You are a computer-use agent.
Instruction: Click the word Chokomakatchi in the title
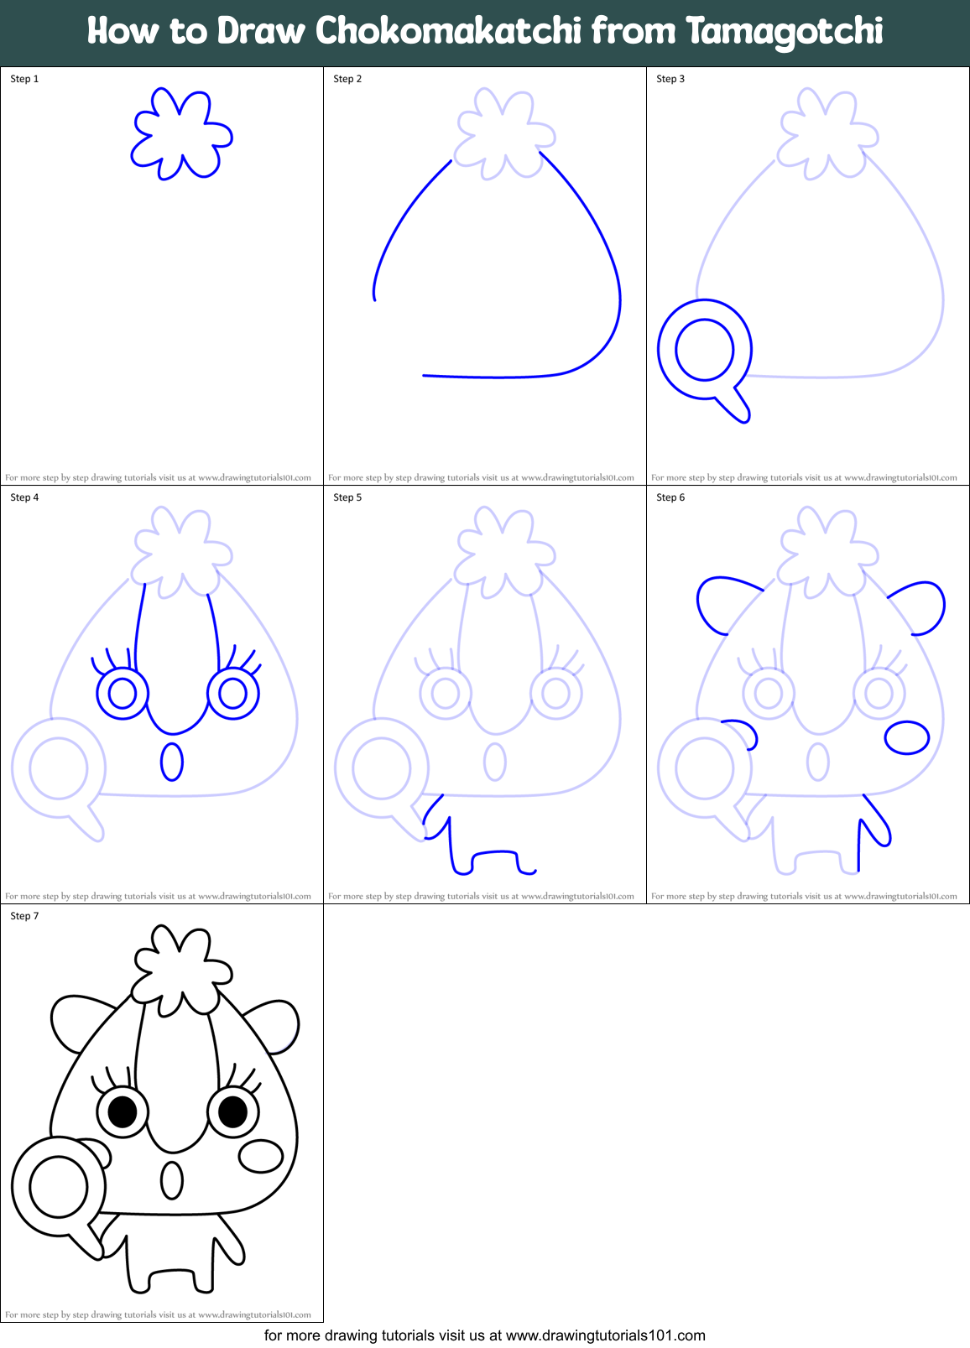tap(448, 31)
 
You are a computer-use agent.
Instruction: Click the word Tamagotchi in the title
tap(785, 31)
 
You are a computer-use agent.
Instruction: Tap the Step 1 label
tap(24, 79)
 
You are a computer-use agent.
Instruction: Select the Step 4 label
tap(24, 497)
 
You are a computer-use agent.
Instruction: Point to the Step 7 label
tap(24, 916)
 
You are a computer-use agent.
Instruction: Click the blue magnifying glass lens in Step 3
tap(705, 349)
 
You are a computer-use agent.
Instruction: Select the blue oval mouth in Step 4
tap(172, 762)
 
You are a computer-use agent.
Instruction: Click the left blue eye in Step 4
tap(123, 694)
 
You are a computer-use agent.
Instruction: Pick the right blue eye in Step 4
tap(233, 693)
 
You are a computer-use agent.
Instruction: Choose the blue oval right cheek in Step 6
tap(907, 737)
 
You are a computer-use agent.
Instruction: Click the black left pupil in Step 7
tap(123, 1112)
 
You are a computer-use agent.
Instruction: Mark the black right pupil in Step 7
tap(232, 1111)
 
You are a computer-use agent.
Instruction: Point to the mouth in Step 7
tap(172, 1180)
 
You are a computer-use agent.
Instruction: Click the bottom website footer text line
tap(485, 1335)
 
